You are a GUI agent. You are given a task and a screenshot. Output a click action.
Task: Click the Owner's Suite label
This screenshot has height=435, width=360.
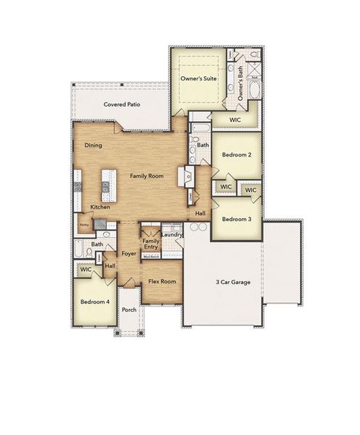200,79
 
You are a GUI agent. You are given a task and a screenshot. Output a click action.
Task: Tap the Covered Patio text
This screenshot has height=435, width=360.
122,104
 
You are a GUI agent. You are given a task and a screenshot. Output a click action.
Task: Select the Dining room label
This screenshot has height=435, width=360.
93,146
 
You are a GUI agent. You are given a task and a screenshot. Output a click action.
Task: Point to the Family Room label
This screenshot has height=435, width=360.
147,176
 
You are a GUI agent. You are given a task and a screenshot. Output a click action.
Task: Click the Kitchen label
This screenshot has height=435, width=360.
100,207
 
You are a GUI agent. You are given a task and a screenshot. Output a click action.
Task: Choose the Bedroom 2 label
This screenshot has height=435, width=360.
237,154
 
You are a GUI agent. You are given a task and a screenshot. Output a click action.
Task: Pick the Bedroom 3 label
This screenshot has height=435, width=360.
237,219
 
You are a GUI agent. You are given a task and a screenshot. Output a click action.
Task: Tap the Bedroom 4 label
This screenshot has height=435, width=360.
94,301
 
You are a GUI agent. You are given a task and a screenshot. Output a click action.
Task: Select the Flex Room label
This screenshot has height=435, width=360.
162,281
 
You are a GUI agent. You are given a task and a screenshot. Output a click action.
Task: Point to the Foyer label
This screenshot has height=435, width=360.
129,254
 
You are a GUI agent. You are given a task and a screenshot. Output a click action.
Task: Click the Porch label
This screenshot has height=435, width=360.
129,310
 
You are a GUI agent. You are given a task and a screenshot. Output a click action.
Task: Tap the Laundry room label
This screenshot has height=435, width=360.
172,234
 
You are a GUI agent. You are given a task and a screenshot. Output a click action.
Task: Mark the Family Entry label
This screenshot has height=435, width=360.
151,244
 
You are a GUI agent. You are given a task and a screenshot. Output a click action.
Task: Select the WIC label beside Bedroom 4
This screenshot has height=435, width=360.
86,269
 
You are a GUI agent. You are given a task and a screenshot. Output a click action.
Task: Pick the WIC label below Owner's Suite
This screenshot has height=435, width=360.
234,120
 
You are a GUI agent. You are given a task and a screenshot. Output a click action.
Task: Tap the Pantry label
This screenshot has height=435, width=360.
84,225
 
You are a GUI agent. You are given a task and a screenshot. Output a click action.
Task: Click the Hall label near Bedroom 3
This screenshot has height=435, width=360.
200,214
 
